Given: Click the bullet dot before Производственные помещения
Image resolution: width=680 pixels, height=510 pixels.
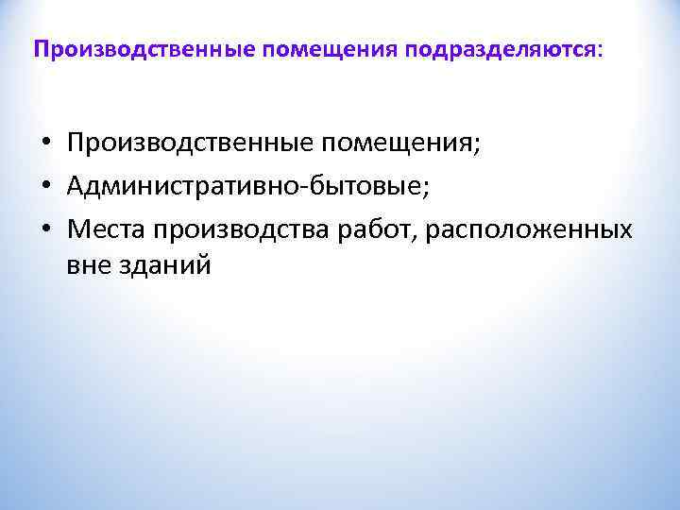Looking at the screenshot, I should coord(44,144).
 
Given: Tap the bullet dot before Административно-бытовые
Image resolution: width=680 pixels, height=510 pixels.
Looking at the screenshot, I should coord(44,186).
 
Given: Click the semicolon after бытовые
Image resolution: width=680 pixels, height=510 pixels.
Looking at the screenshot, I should coord(425,188).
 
